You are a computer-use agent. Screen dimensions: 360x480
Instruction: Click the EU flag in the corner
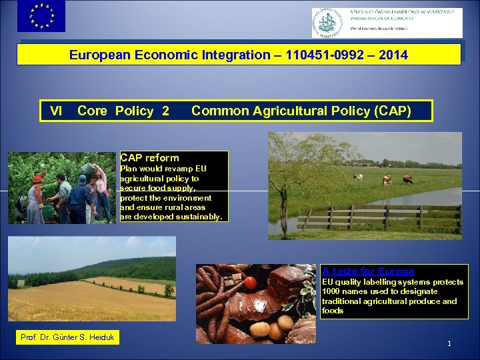pyautogui.click(x=41, y=16)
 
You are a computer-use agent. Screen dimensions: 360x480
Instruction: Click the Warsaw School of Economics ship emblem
pyautogui.click(x=331, y=22)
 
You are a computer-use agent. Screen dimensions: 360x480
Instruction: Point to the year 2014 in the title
pyautogui.click(x=393, y=55)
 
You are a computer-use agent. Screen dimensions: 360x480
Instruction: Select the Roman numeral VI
pyautogui.click(x=56, y=111)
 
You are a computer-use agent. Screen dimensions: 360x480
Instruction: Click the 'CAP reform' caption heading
pyautogui.click(x=149, y=158)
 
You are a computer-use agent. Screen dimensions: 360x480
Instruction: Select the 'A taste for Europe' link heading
pyautogui.click(x=368, y=271)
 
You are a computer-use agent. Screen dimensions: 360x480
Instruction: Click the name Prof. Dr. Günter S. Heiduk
pyautogui.click(x=67, y=337)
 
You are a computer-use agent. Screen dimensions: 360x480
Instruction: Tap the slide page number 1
pyautogui.click(x=449, y=344)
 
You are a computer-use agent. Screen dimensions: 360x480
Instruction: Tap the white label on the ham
pyautogui.click(x=261, y=305)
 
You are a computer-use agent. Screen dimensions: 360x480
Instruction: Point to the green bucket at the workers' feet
pyautogui.click(x=47, y=212)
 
